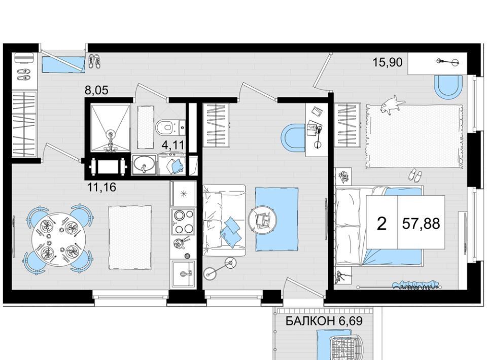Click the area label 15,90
387,62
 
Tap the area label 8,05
96,90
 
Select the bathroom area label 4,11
174,145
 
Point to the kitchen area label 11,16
102,187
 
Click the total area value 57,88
421,223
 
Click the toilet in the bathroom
165,127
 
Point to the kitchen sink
184,273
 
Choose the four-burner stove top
183,221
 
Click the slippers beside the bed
414,175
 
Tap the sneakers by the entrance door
94,61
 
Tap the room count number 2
381,224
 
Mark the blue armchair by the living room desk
293,138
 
